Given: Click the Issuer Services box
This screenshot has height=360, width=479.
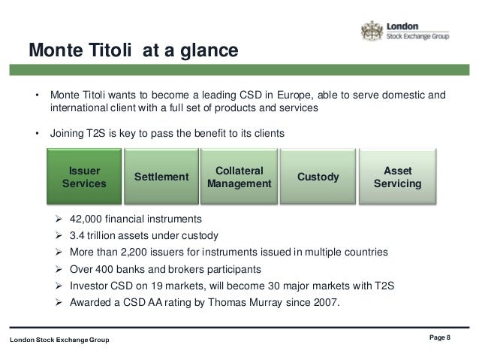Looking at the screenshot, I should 84,177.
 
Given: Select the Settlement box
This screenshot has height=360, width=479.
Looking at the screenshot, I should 161,177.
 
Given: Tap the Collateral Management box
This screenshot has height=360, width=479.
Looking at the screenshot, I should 239,177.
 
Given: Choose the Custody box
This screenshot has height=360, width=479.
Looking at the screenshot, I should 318,177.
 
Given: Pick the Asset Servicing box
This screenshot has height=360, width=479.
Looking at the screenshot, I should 397,177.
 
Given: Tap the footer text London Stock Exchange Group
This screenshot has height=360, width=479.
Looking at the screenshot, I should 59,341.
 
